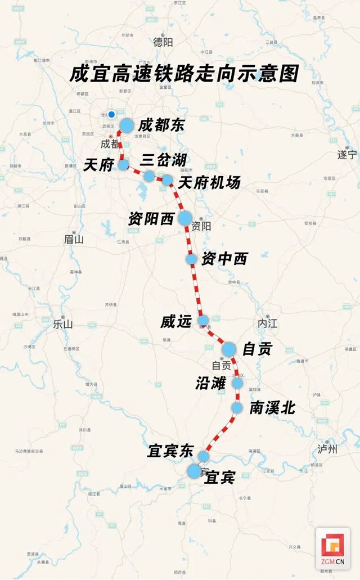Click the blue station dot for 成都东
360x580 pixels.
[127, 125]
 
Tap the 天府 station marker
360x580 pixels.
[123, 165]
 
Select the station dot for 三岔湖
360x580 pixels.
[148, 176]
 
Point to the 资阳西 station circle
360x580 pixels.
[185, 218]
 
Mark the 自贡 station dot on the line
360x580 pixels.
[228, 349]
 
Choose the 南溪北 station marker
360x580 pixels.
[237, 407]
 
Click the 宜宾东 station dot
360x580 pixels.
[204, 455]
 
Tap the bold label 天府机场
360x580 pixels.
[209, 183]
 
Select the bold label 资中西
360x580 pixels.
[224, 259]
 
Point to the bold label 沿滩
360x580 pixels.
[211, 384]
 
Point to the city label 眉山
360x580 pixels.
[74, 239]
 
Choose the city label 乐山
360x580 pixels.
[62, 325]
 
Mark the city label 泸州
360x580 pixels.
[327, 448]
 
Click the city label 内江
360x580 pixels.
[268, 324]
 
